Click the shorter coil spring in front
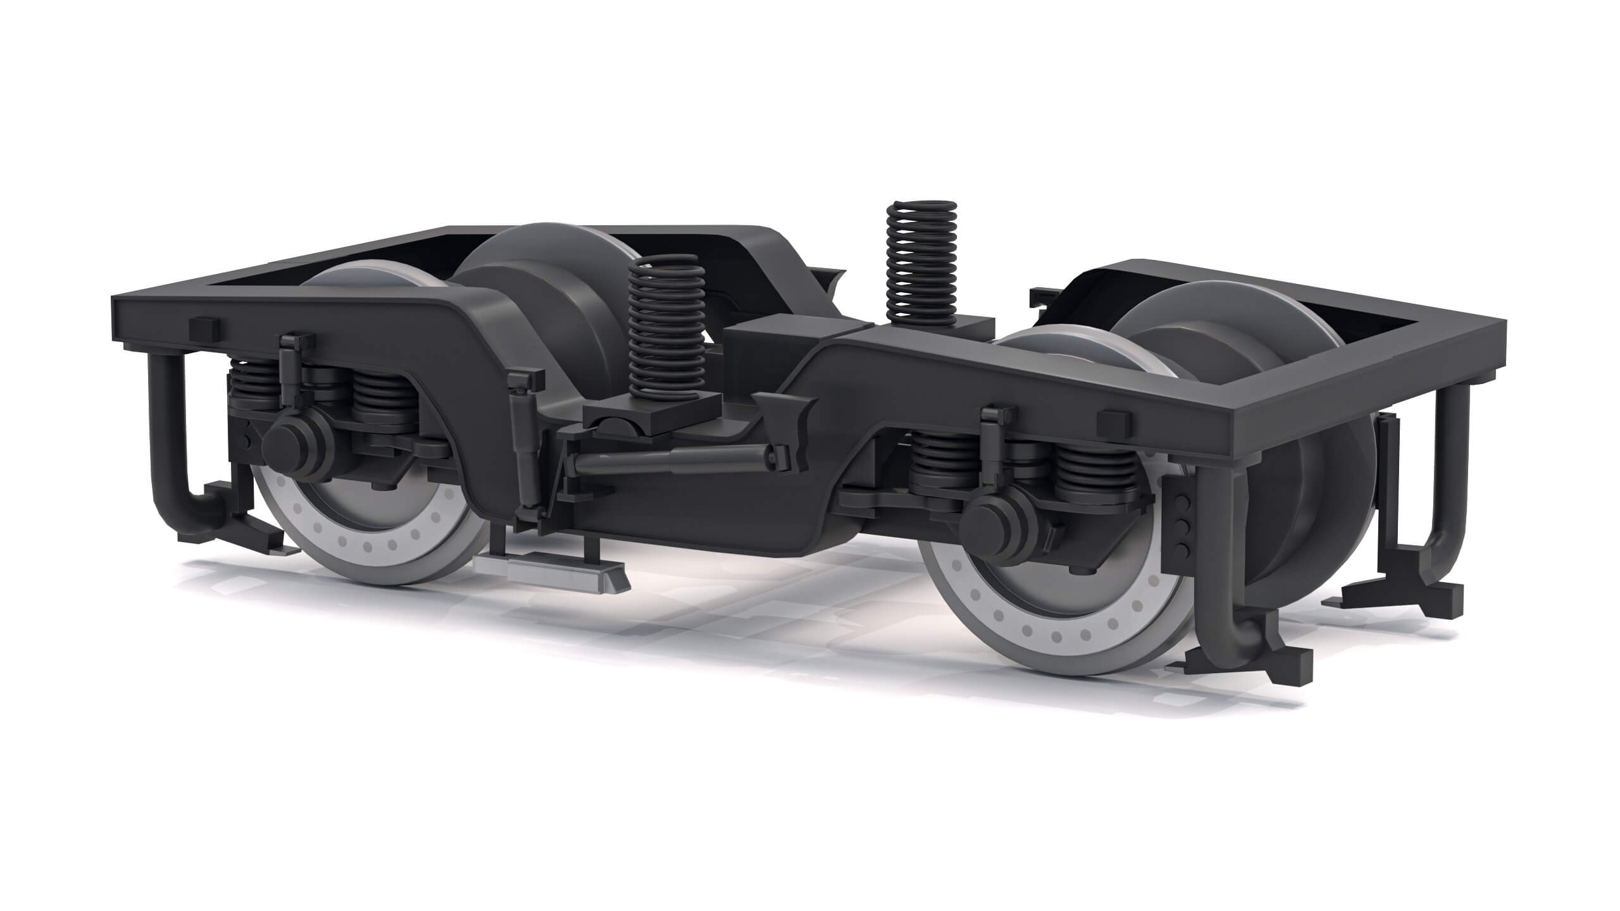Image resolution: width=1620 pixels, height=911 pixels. [x=666, y=329]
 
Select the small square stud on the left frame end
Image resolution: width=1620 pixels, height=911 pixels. [x=204, y=327]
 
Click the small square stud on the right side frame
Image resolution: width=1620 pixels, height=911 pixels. [x=1111, y=419]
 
